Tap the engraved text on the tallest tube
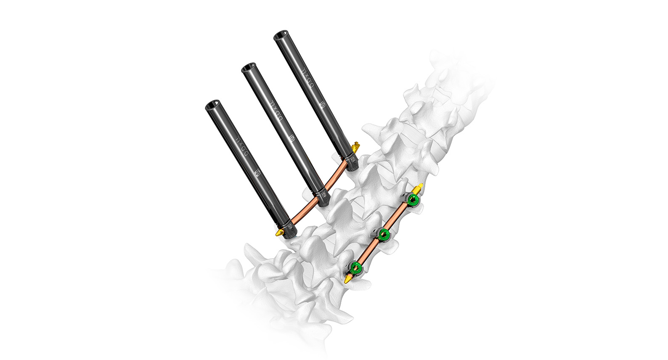[308, 74]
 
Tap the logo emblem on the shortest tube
[258, 173]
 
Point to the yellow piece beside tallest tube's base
[356, 147]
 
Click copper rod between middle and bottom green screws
[369, 251]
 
